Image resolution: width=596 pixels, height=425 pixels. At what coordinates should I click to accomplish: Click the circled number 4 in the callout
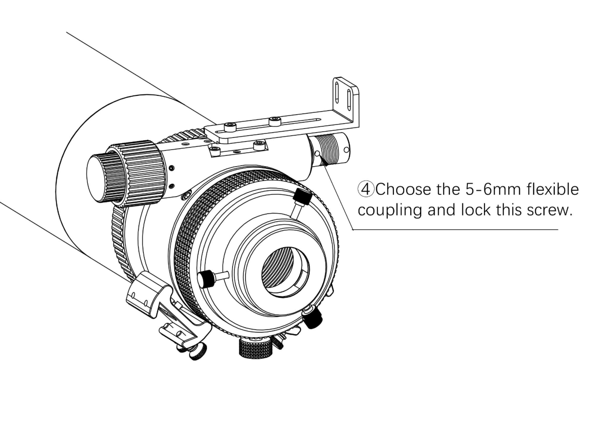(x=365, y=189)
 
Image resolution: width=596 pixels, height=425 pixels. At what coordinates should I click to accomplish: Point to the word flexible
(x=552, y=189)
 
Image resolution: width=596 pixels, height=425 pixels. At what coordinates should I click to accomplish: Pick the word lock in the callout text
(x=475, y=210)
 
